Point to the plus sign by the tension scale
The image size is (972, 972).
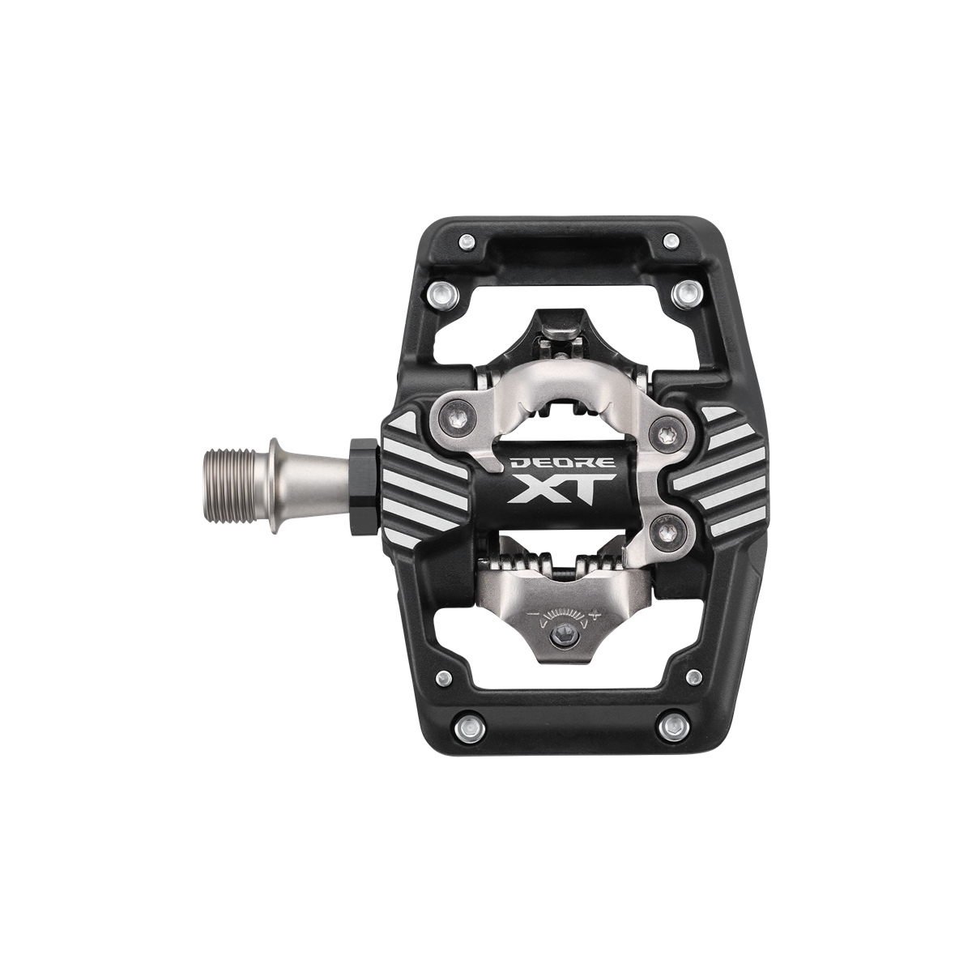point(597,613)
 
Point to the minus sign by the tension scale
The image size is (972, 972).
point(531,614)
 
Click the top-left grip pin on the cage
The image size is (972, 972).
point(467,241)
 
